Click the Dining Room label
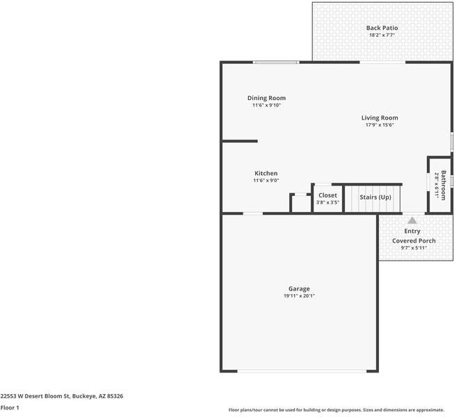(266, 98)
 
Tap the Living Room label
(379, 118)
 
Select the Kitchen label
(266, 173)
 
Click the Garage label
(299, 288)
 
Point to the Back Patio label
(382, 28)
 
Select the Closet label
(327, 195)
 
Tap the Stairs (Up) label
(375, 197)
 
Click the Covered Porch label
(414, 240)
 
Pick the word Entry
(412, 231)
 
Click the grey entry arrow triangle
(412, 220)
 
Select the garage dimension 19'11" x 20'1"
(299, 296)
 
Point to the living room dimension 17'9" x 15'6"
(379, 125)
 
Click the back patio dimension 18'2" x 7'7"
(382, 35)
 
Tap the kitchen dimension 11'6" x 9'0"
(266, 181)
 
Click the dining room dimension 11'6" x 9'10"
(266, 106)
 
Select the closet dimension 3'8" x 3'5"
(327, 203)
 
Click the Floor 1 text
(10, 407)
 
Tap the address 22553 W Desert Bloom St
(35, 395)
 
